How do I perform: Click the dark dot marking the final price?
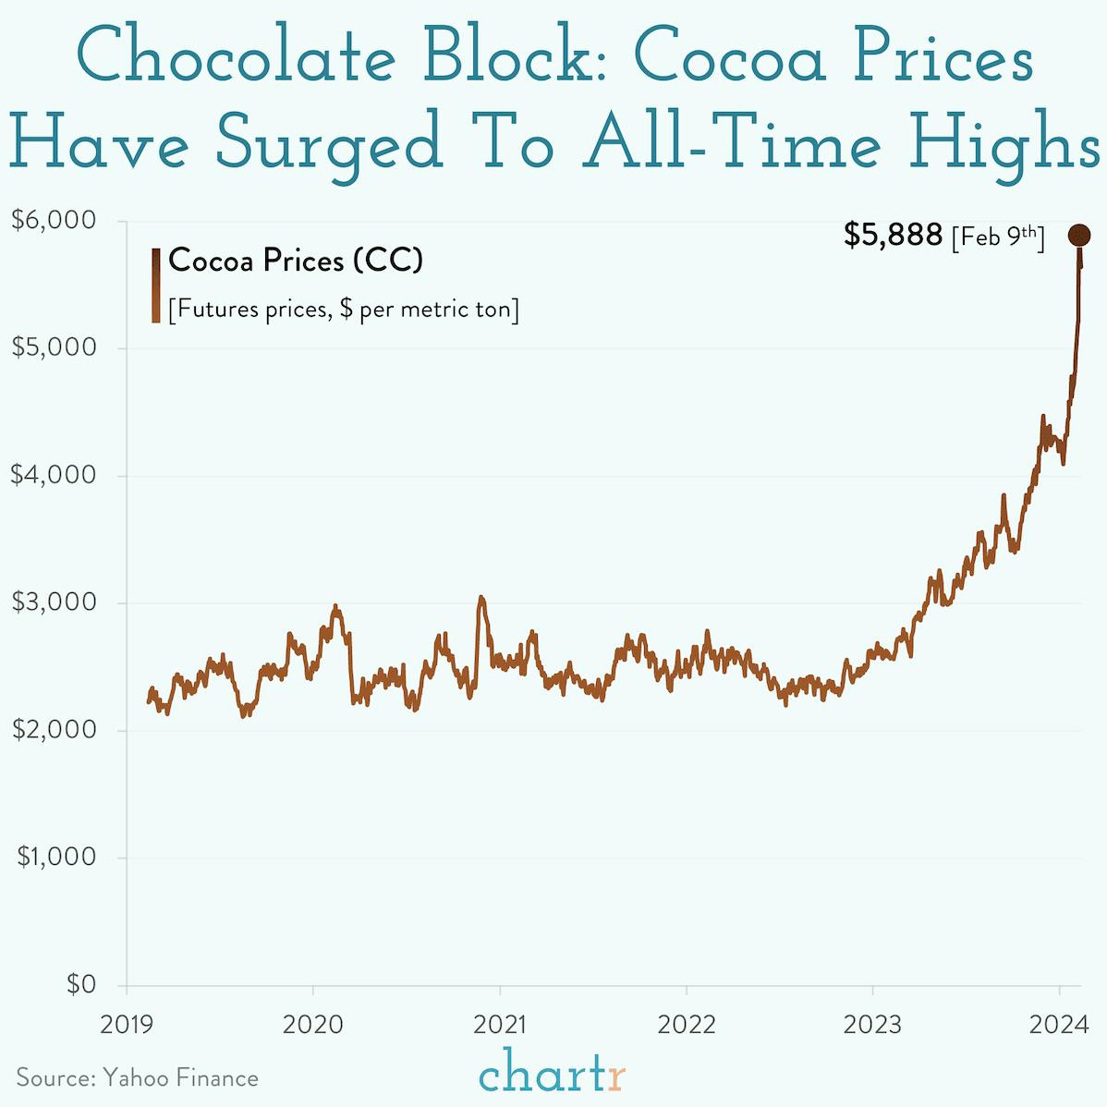coord(1078,236)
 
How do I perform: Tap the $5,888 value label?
coord(893,236)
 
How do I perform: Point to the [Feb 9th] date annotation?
coord(998,237)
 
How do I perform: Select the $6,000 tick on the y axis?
coord(54,220)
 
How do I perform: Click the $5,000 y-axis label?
coord(54,347)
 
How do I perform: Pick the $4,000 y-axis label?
coord(54,475)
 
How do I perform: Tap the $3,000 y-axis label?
coord(54,602)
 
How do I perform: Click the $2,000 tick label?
coord(54,730)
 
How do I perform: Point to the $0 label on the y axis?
coord(81,985)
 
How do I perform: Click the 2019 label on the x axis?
coord(126,1024)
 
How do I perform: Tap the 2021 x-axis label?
coord(499,1024)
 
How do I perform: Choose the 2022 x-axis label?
coord(686,1024)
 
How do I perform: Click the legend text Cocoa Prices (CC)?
coord(296,261)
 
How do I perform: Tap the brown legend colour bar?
coord(156,286)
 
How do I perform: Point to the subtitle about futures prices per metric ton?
coord(343,309)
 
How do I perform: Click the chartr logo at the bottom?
coord(553,1075)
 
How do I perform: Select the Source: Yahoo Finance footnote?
coord(137,1078)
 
